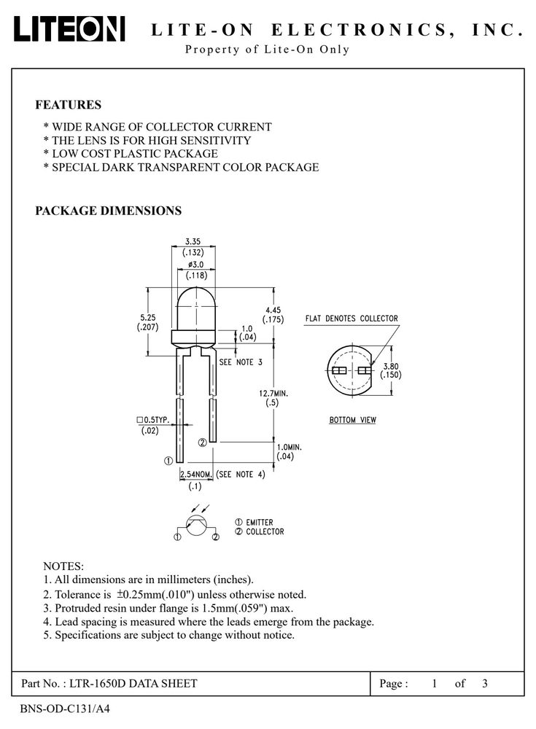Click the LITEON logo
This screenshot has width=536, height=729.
69,29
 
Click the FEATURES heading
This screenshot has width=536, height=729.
68,104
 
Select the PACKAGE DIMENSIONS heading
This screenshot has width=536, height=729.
109,211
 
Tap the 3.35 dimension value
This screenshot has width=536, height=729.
193,241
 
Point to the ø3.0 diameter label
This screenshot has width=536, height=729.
196,265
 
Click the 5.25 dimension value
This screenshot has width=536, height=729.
147,318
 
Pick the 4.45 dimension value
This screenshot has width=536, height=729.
273,310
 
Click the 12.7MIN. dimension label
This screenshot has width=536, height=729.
273,394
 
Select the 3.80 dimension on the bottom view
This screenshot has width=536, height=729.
391,367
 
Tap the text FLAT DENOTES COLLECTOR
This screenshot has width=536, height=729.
351,319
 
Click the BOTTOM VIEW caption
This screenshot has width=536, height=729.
353,420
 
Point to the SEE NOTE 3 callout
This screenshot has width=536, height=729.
241,362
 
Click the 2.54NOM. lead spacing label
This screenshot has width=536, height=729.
196,475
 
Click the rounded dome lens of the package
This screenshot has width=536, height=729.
196,308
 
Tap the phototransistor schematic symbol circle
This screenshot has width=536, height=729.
196,525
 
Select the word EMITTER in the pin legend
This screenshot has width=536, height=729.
259,523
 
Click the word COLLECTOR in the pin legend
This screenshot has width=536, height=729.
265,532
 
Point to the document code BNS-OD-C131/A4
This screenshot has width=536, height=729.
65,709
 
